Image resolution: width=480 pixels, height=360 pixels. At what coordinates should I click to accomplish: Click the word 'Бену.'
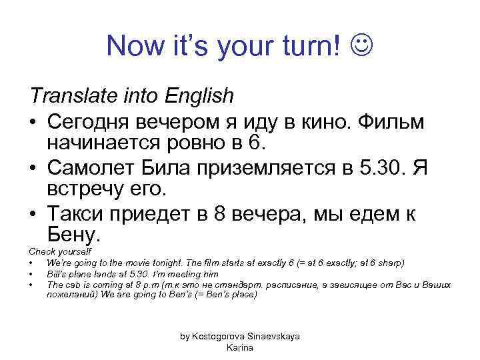pyautogui.click(x=74, y=235)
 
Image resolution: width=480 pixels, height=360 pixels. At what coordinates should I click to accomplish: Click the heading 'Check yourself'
pyautogui.click(x=55, y=251)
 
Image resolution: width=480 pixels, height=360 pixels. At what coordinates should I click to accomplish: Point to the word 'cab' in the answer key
pyautogui.click(x=73, y=285)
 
